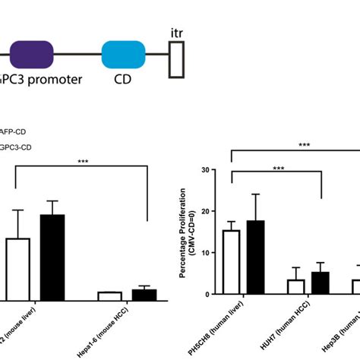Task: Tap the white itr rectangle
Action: [x=177, y=57]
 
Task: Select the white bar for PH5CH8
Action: [x=231, y=262]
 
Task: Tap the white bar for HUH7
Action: [x=296, y=286]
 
